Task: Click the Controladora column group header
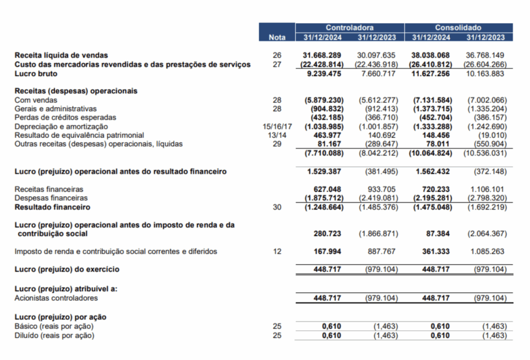pyautogui.click(x=349, y=27)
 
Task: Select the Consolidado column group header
pyautogui.click(x=458, y=27)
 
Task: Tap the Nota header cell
pyautogui.click(x=277, y=37)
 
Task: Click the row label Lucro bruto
pyautogui.click(x=36, y=74)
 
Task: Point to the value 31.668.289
pyautogui.click(x=322, y=55)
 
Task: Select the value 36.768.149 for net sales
pyautogui.click(x=485, y=55)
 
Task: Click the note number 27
pyautogui.click(x=277, y=64)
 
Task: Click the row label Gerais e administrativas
pyautogui.click(x=56, y=109)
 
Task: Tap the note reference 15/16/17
pyautogui.click(x=277, y=126)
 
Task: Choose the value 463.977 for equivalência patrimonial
pyautogui.click(x=327, y=135)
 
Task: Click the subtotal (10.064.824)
pyautogui.click(x=430, y=153)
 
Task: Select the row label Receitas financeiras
pyautogui.click(x=49, y=190)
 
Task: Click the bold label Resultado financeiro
pyautogui.click(x=52, y=207)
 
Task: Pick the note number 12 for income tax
pyautogui.click(x=277, y=252)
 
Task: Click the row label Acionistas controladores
pyautogui.click(x=56, y=298)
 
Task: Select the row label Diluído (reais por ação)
pyautogui.click(x=54, y=335)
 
